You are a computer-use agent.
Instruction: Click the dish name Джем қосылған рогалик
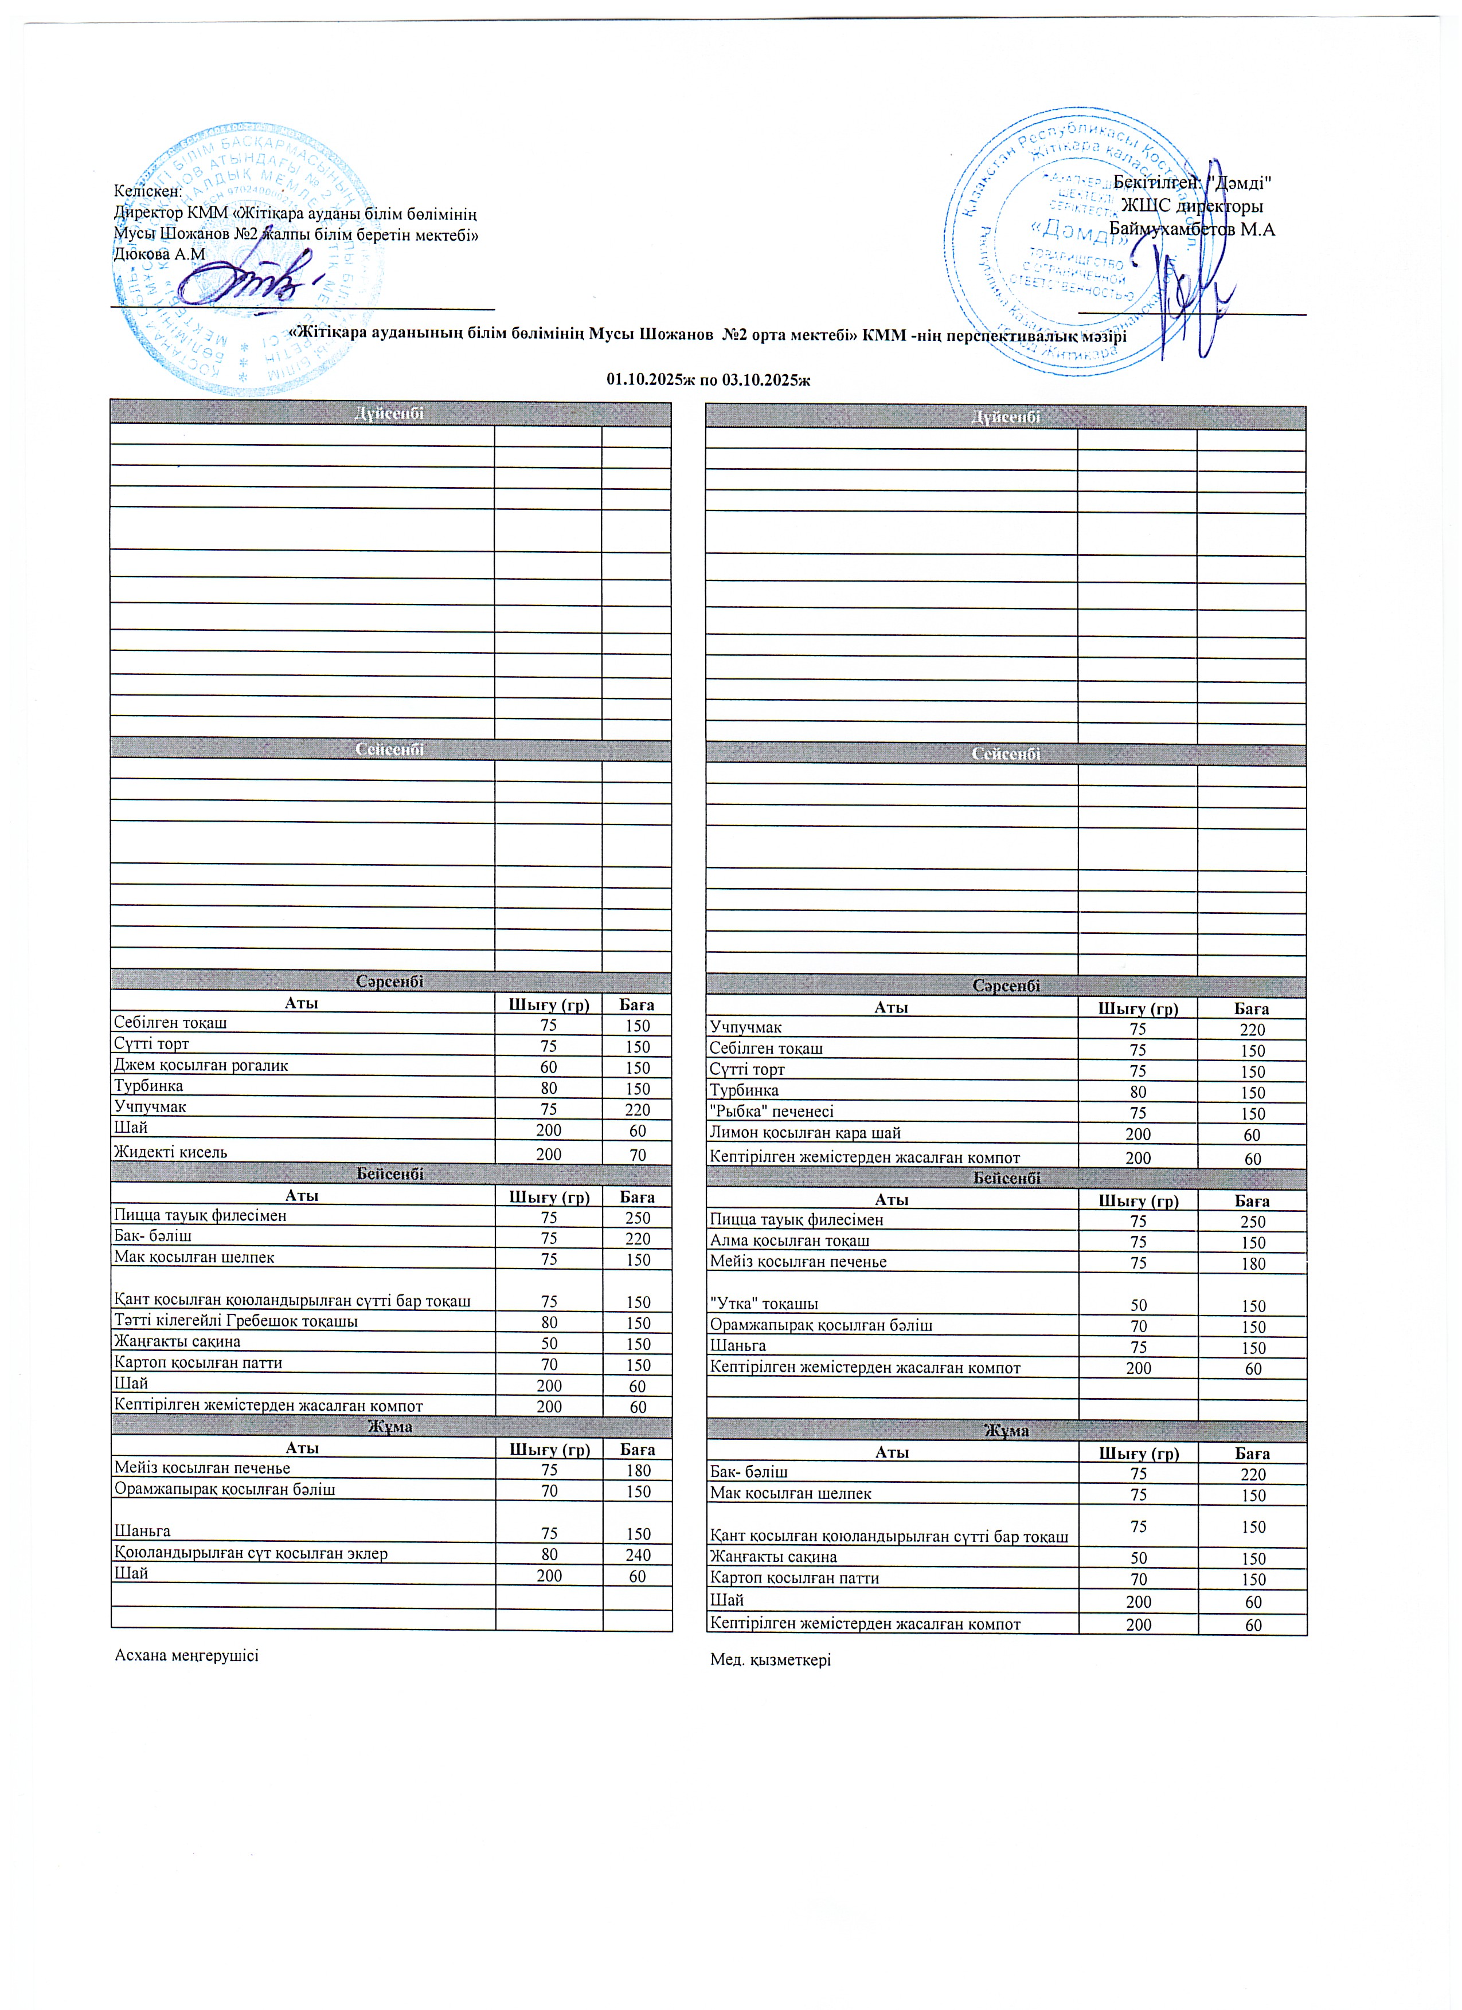point(201,1065)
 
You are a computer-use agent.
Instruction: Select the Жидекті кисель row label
point(170,1152)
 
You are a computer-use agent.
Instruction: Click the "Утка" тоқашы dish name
point(763,1304)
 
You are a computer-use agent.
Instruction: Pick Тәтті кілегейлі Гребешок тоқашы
point(236,1321)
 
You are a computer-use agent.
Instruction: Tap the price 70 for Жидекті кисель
point(638,1155)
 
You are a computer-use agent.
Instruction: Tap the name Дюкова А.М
point(159,254)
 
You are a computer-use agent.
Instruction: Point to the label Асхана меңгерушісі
point(187,1655)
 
